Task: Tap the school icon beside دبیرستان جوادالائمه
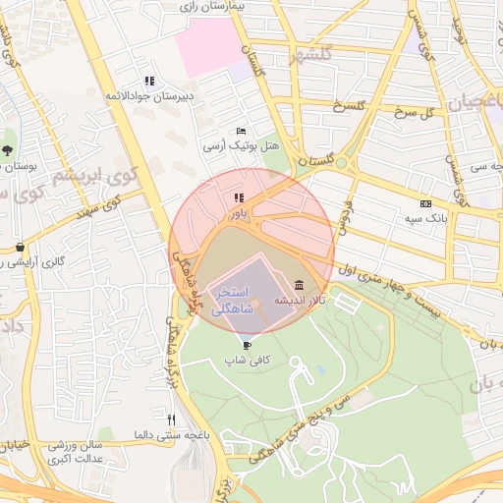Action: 148,81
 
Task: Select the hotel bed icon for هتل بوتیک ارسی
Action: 242,131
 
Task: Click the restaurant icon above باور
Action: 238,197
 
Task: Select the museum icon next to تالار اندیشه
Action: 299,286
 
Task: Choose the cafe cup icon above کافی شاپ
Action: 246,345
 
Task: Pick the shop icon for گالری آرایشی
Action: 19,247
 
